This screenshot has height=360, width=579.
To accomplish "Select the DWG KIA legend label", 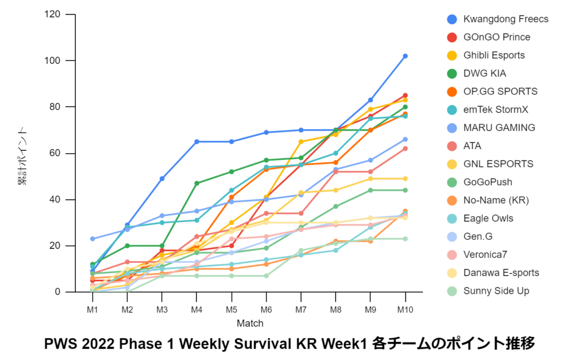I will coord(485,73).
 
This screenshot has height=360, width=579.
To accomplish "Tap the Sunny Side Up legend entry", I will coord(496,291).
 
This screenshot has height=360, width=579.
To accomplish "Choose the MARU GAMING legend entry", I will coord(499,128).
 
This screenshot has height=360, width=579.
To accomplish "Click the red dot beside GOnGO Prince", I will coord(452,37).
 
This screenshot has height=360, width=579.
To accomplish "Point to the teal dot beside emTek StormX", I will coord(452,110).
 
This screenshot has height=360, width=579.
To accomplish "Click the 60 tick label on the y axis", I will coord(55,153).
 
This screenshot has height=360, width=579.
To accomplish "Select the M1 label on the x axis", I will coord(93,309).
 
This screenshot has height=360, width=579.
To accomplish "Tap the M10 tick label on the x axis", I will coord(405,309).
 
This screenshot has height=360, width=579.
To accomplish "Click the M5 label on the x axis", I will coord(232,309).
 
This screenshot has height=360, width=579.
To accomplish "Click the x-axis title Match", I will coord(249,324).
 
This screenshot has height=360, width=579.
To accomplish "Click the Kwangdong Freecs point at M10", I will coord(405,56).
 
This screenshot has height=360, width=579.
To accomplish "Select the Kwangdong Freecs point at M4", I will coord(197,141).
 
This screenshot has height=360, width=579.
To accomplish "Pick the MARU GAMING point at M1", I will coord(93,239).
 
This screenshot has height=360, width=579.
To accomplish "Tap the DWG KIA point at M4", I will coord(197,183).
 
